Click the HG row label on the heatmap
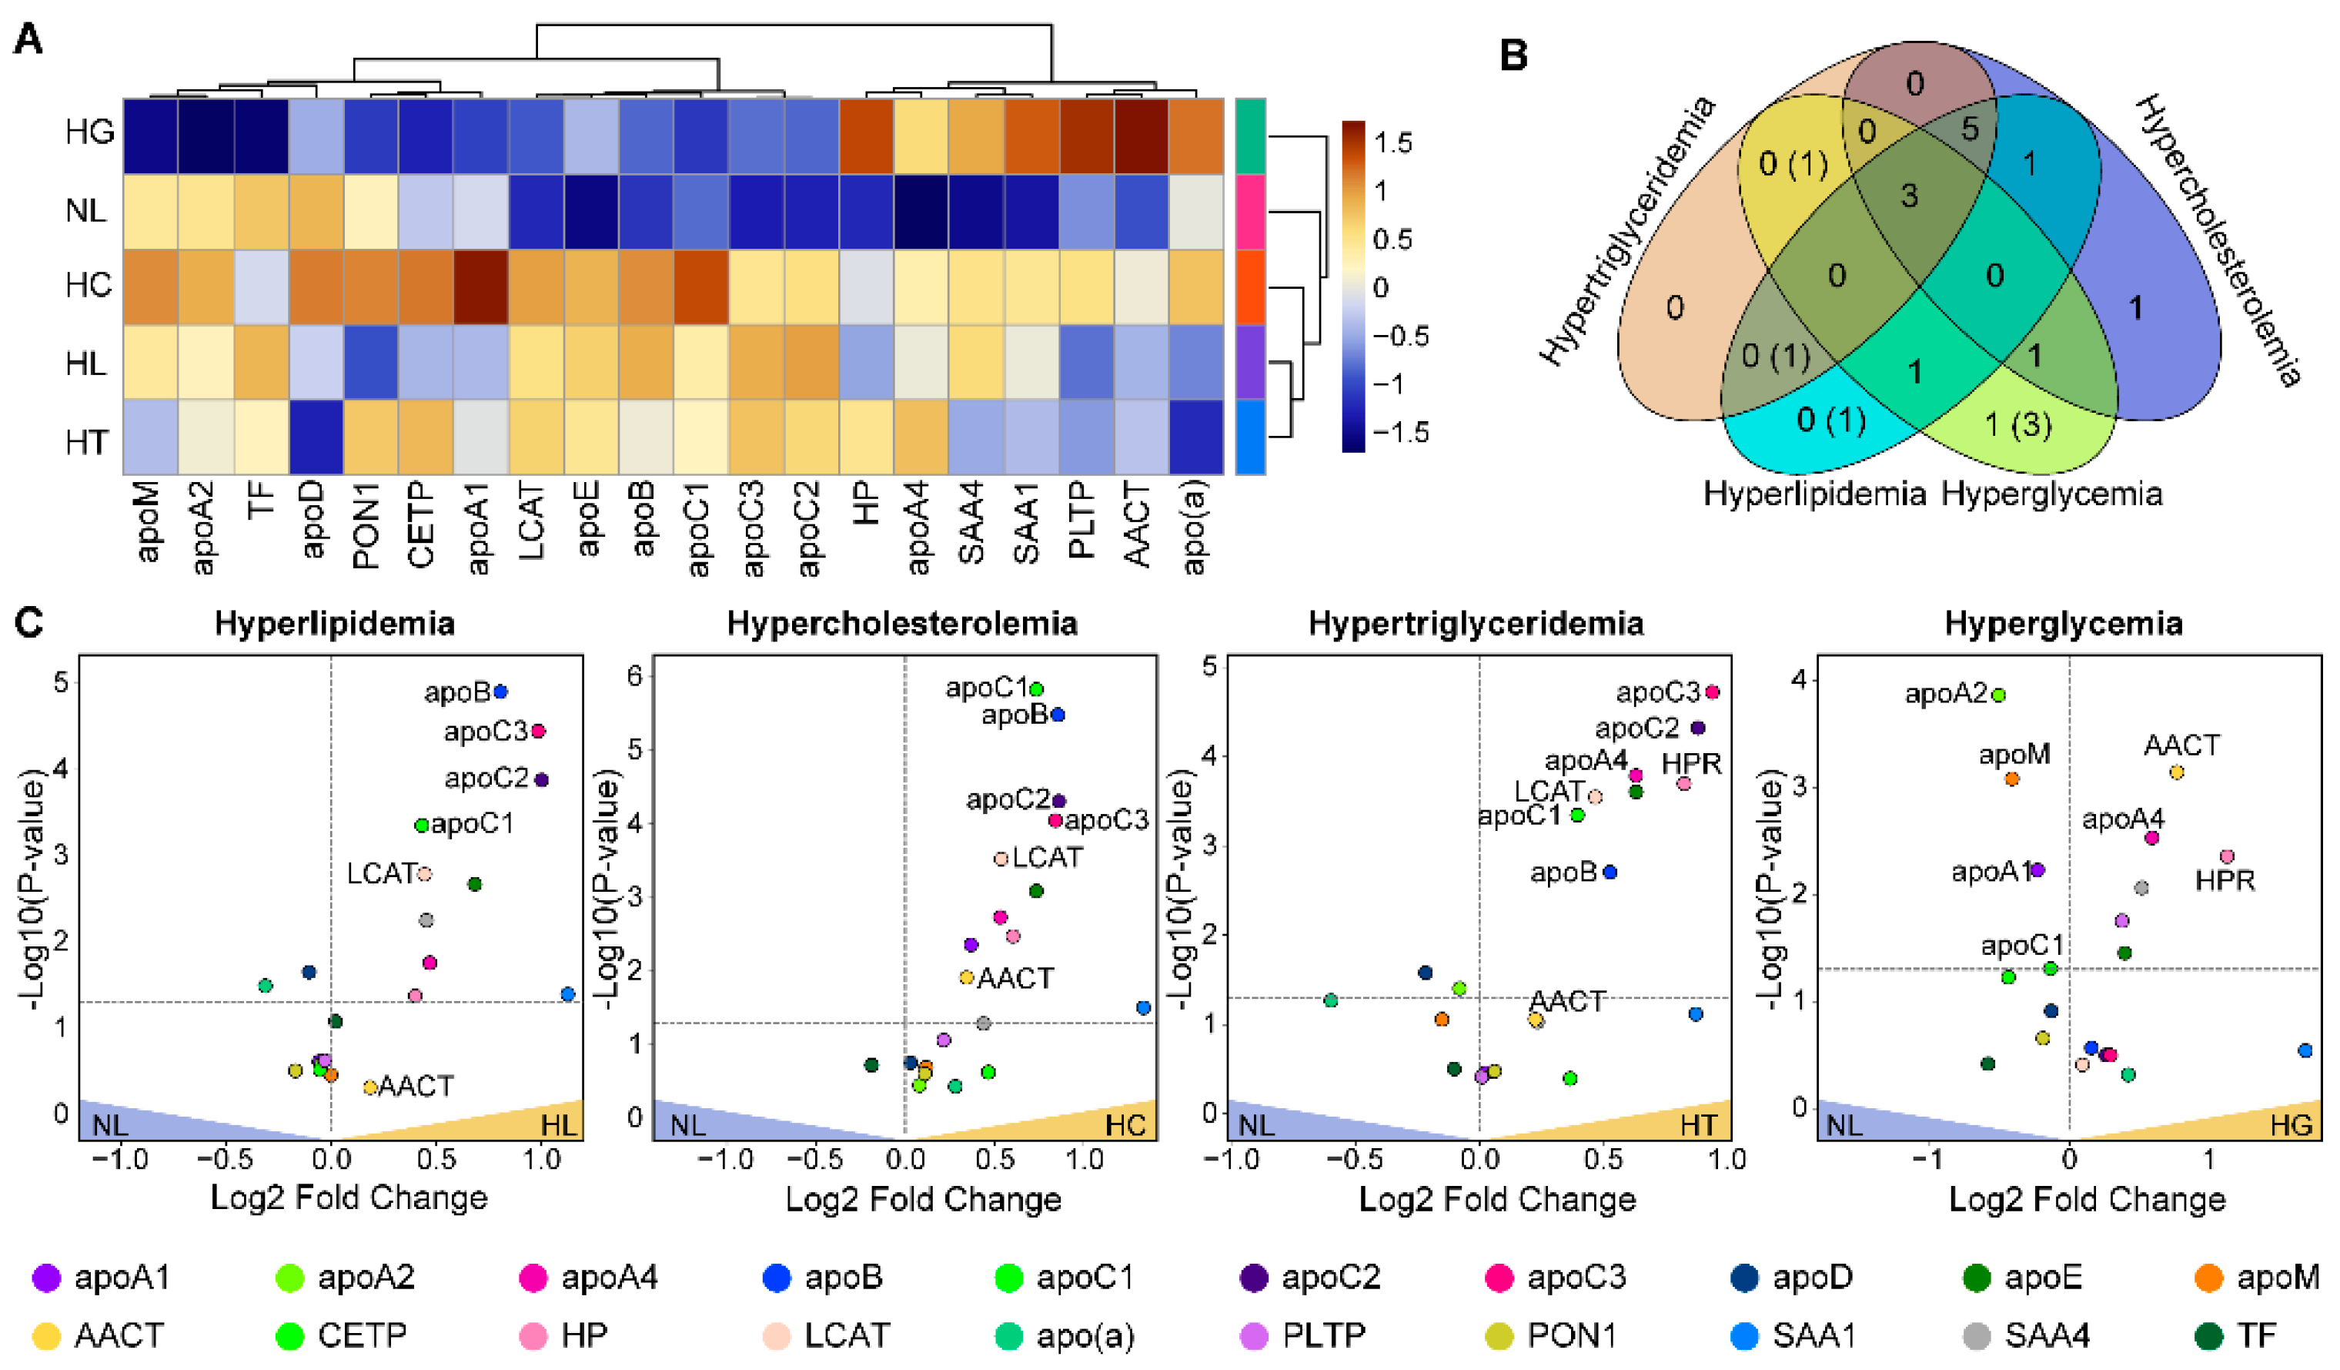pos(89,132)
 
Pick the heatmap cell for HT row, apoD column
pos(316,437)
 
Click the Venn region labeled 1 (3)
pos(2017,424)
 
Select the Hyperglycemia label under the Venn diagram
pos(2051,493)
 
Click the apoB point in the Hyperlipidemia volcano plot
pos(500,691)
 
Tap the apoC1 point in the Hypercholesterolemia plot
pos(1036,689)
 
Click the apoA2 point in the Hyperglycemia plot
pos(1998,695)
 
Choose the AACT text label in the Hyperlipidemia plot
pos(416,1086)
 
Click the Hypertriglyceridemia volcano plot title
pos(1476,622)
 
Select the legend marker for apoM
pos(2208,1279)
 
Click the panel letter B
pos(1513,55)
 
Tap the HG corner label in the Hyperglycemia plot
pos(2291,1125)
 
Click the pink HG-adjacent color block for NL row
pos(1250,212)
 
